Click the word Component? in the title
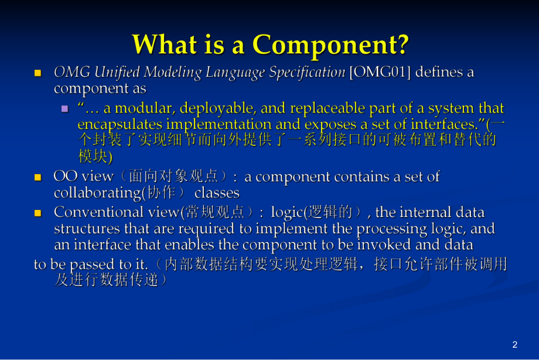point(330,45)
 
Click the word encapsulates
point(120,124)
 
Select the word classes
point(217,193)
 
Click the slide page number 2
point(515,345)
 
